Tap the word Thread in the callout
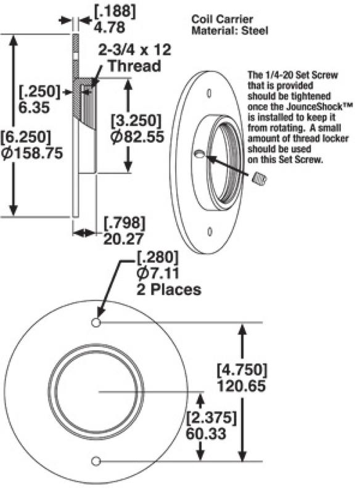(134, 65)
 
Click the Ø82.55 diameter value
(137, 136)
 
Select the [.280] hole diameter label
(157, 258)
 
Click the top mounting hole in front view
(96, 323)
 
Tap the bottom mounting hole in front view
(96, 461)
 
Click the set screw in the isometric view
(259, 179)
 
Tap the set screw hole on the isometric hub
(200, 155)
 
